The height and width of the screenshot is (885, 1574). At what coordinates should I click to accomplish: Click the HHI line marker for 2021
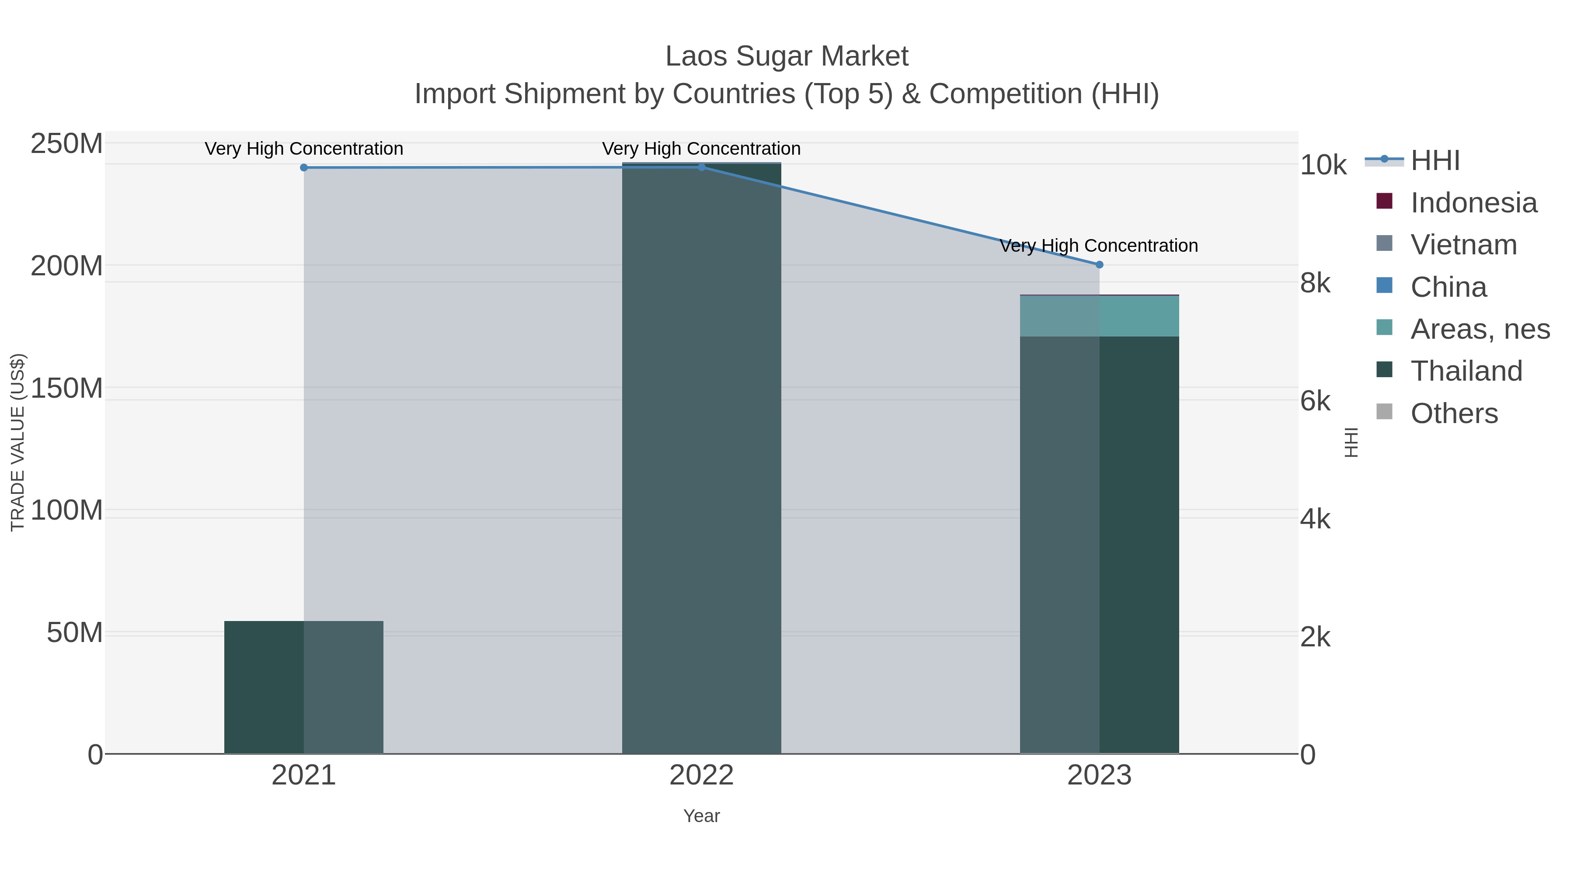point(304,167)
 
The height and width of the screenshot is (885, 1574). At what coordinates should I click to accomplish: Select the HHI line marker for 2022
point(701,167)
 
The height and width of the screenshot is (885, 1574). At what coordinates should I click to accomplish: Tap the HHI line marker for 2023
point(1099,264)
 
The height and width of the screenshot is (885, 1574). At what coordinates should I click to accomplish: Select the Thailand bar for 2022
point(701,458)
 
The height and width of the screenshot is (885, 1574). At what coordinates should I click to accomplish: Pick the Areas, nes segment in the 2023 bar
point(1099,316)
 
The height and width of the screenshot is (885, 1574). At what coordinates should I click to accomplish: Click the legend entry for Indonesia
point(1473,203)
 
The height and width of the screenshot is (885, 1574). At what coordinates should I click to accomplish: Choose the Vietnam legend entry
point(1463,245)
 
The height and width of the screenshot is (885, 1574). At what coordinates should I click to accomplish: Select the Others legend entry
point(1454,413)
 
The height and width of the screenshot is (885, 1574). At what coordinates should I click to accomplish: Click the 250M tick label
point(66,145)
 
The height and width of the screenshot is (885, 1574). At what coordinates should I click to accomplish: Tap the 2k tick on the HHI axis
point(1315,637)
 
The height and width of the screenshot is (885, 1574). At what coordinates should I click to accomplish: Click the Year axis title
point(701,816)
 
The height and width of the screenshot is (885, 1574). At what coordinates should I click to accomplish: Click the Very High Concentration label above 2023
point(1099,246)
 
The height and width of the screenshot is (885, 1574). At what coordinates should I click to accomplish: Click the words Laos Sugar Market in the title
point(787,56)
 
